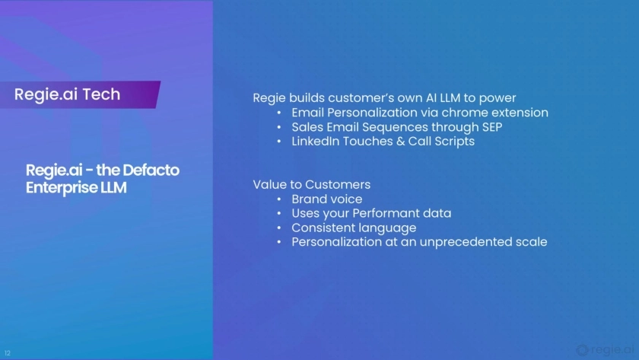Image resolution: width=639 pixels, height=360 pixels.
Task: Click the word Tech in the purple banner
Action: pos(101,94)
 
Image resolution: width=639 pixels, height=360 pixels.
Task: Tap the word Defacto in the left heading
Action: pos(151,170)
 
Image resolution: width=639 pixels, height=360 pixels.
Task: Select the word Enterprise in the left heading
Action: pos(62,188)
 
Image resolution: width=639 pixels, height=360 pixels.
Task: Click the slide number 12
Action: pos(8,353)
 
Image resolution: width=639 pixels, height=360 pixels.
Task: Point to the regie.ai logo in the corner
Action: pos(605,350)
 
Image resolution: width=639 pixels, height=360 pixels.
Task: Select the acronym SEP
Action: pos(492,127)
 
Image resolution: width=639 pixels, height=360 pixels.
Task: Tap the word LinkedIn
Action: pos(316,142)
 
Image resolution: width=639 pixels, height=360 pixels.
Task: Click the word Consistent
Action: pos(321,228)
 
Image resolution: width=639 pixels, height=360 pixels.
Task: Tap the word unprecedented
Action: pos(466,242)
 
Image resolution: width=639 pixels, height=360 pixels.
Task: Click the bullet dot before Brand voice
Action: pos(279,199)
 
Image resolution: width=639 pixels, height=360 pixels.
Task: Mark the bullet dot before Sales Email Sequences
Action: pos(279,127)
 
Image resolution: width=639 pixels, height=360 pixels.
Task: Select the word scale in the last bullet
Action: pos(532,242)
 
